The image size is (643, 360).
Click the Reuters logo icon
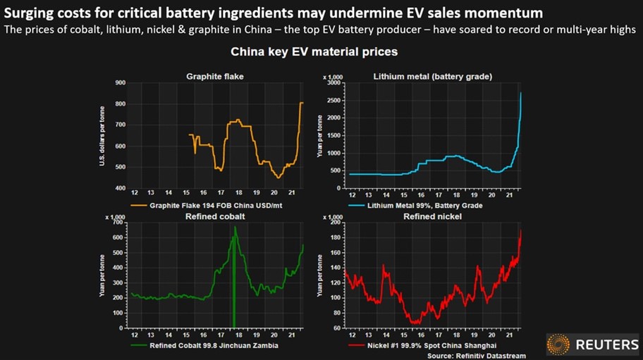(558, 345)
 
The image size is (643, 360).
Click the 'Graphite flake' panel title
(215, 75)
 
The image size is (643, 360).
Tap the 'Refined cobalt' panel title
(215, 216)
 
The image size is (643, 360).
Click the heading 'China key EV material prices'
(314, 52)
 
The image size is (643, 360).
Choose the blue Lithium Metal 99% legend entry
(416, 205)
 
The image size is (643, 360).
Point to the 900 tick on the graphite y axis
(120, 83)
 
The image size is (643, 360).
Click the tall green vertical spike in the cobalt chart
(233, 282)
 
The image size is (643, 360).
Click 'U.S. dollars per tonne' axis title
(104, 136)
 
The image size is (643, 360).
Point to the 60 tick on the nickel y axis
(336, 328)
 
